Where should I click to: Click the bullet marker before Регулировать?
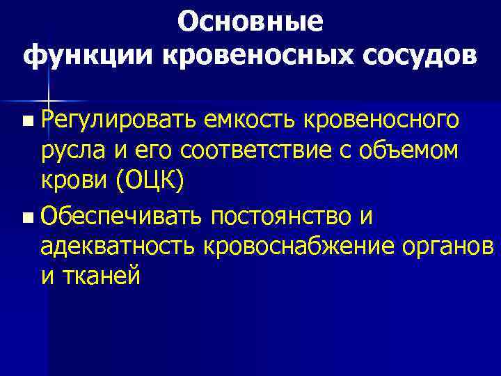pyautogui.click(x=26, y=121)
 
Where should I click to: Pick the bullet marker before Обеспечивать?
pyautogui.click(x=26, y=219)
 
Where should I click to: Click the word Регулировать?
pyautogui.click(x=119, y=120)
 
